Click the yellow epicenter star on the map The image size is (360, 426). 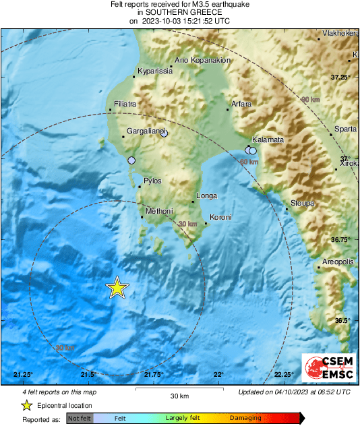click(x=117, y=288)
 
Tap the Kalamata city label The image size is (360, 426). click(x=268, y=140)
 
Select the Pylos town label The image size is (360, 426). click(x=152, y=181)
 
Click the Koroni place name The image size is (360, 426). click(x=221, y=217)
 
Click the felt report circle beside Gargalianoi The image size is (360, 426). click(x=164, y=133)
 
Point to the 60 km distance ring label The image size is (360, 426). click(x=249, y=162)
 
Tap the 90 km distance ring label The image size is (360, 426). click(x=309, y=100)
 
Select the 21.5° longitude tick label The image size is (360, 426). click(x=88, y=374)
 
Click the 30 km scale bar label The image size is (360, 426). click(x=179, y=395)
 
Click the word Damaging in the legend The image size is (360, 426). click(x=245, y=418)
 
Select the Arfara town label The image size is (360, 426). click(x=241, y=104)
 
